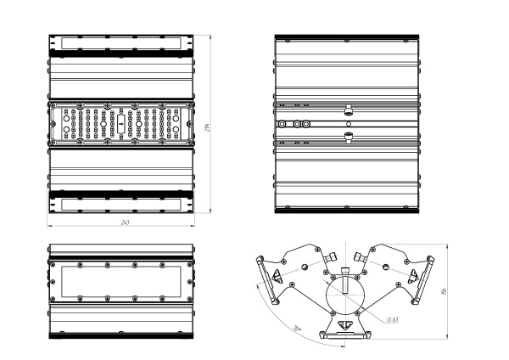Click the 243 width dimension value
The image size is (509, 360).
[x=125, y=222]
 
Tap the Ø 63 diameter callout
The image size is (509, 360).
[x=393, y=318]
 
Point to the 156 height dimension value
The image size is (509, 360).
[x=445, y=291]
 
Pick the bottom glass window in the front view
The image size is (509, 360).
[x=120, y=205]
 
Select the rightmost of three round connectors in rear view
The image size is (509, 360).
[x=305, y=123]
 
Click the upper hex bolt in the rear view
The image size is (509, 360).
[x=348, y=110]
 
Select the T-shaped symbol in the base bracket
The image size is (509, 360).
[x=344, y=324]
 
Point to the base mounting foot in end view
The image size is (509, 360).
[x=345, y=334]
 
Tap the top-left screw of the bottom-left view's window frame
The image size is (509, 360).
[x=58, y=264]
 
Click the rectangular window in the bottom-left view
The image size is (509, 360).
[x=120, y=281]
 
